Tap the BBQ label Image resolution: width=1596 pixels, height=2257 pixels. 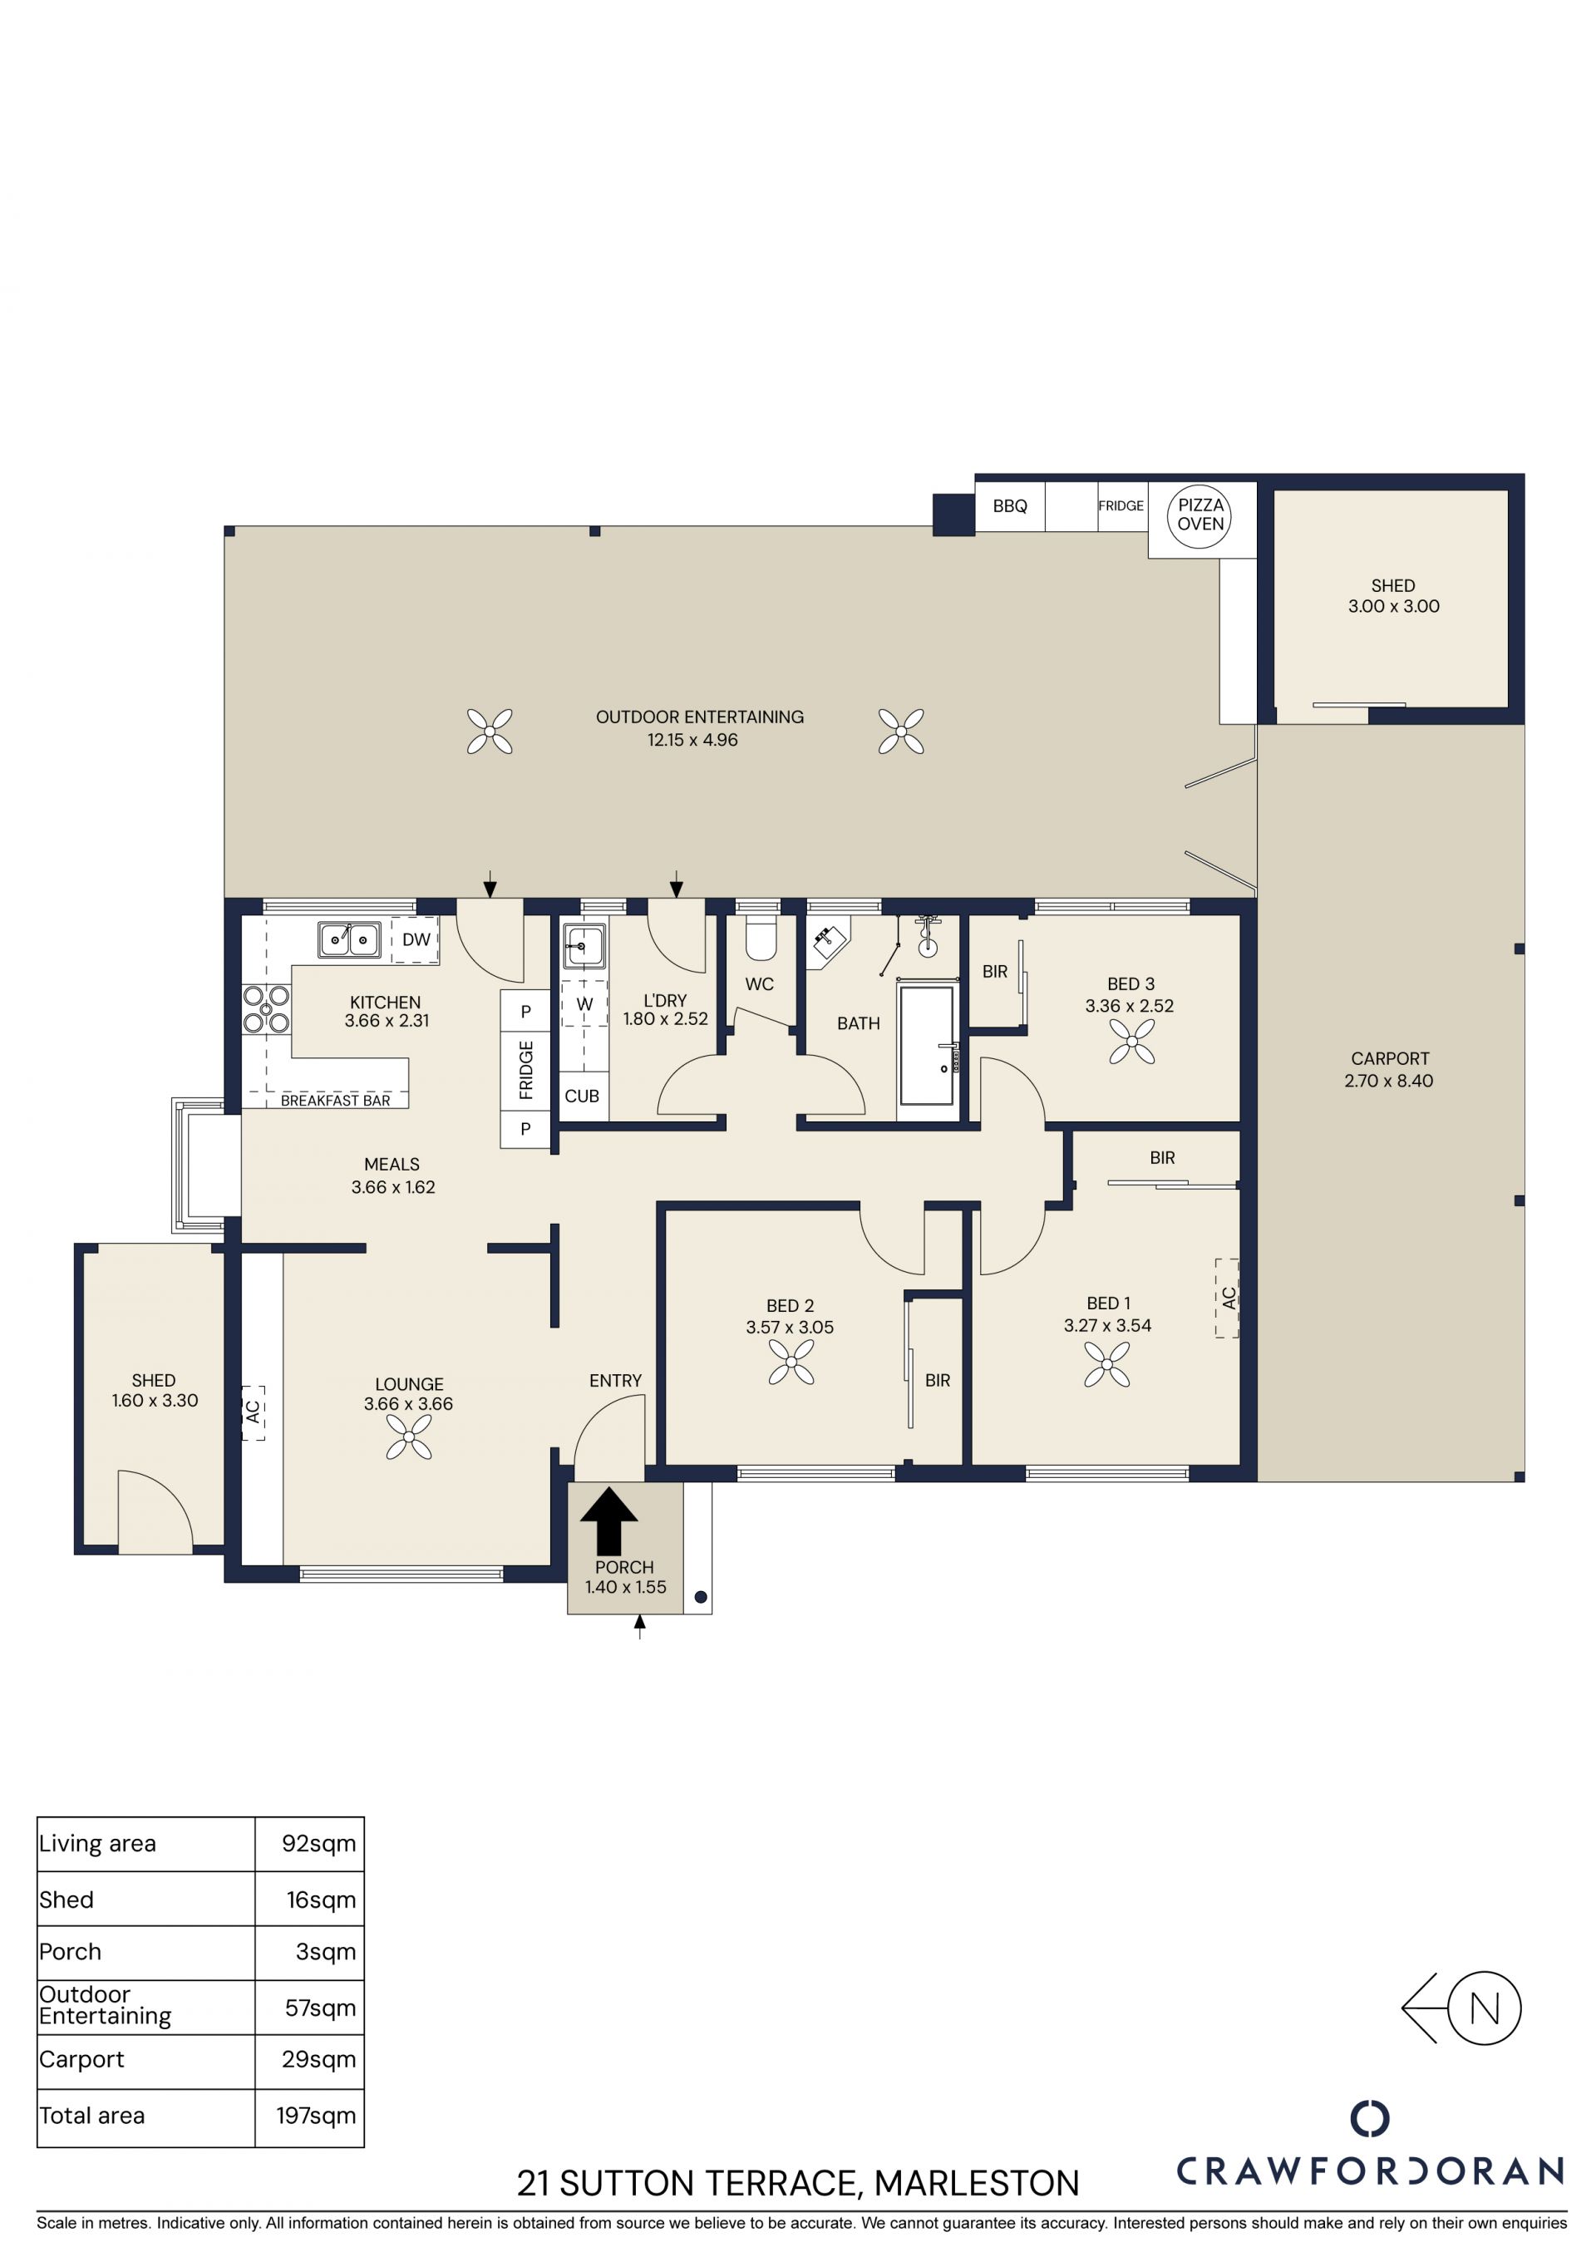pyautogui.click(x=1009, y=506)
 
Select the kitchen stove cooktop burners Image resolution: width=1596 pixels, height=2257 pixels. pyautogui.click(x=266, y=1009)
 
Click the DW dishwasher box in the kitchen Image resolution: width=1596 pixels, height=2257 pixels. pyautogui.click(x=415, y=939)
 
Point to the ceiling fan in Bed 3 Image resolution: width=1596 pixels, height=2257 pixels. pyautogui.click(x=1132, y=1042)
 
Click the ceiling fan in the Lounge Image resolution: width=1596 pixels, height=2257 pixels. pyautogui.click(x=409, y=1437)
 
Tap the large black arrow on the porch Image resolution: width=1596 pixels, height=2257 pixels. pyautogui.click(x=609, y=1520)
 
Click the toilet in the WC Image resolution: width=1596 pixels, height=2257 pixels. pyautogui.click(x=761, y=938)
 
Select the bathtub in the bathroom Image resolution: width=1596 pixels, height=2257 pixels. pyautogui.click(x=927, y=1045)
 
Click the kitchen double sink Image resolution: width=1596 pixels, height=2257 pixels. pyautogui.click(x=349, y=939)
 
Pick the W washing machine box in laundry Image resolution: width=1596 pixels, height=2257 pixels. pyautogui.click(x=584, y=1003)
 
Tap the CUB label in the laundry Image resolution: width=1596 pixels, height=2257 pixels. pyautogui.click(x=582, y=1096)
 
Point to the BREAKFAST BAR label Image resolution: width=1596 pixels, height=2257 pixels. pyautogui.click(x=335, y=1101)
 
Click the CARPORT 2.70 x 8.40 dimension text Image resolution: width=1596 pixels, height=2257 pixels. pyautogui.click(x=1389, y=1081)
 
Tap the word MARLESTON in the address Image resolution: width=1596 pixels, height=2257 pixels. pyautogui.click(x=977, y=2183)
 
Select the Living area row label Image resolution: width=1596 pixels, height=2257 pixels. pyautogui.click(x=97, y=1843)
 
